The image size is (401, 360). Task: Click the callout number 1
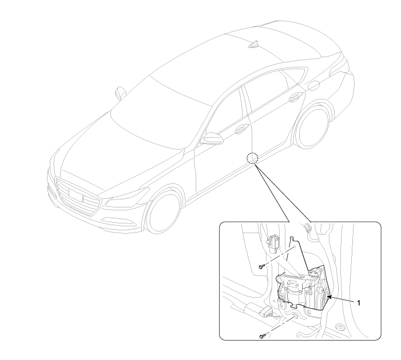click(x=359, y=303)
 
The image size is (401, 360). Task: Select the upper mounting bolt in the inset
click(x=261, y=267)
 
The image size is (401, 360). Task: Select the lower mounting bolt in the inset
click(x=261, y=336)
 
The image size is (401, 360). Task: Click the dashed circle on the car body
click(x=252, y=158)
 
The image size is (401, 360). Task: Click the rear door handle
click(x=295, y=97)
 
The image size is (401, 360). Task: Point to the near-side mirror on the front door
click(x=211, y=138)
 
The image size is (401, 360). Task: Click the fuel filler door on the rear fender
click(x=313, y=85)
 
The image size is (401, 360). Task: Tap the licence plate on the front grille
click(x=76, y=195)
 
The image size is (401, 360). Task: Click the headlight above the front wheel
click(x=127, y=197)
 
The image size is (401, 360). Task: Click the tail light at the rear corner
click(x=339, y=63)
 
